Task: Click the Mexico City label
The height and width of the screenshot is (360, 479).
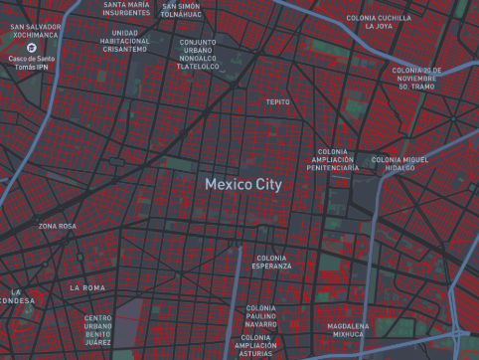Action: tap(243, 185)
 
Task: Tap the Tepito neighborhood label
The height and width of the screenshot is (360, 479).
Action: tap(277, 101)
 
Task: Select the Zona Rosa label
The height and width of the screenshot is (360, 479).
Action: tap(57, 227)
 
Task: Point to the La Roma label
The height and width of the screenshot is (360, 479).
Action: tap(86, 287)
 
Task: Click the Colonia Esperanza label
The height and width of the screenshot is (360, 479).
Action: tap(271, 263)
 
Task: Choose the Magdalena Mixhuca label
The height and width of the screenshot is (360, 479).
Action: tap(349, 330)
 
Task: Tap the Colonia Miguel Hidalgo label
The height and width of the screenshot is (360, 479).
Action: tap(399, 164)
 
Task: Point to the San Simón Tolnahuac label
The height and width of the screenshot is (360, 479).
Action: tap(181, 11)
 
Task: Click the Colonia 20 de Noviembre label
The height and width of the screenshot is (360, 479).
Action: tap(415, 79)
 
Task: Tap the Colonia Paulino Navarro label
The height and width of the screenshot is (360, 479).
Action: tap(260, 316)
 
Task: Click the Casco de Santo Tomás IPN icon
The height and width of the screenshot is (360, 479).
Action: tap(34, 47)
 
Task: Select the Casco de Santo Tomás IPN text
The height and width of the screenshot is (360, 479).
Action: tap(34, 62)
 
